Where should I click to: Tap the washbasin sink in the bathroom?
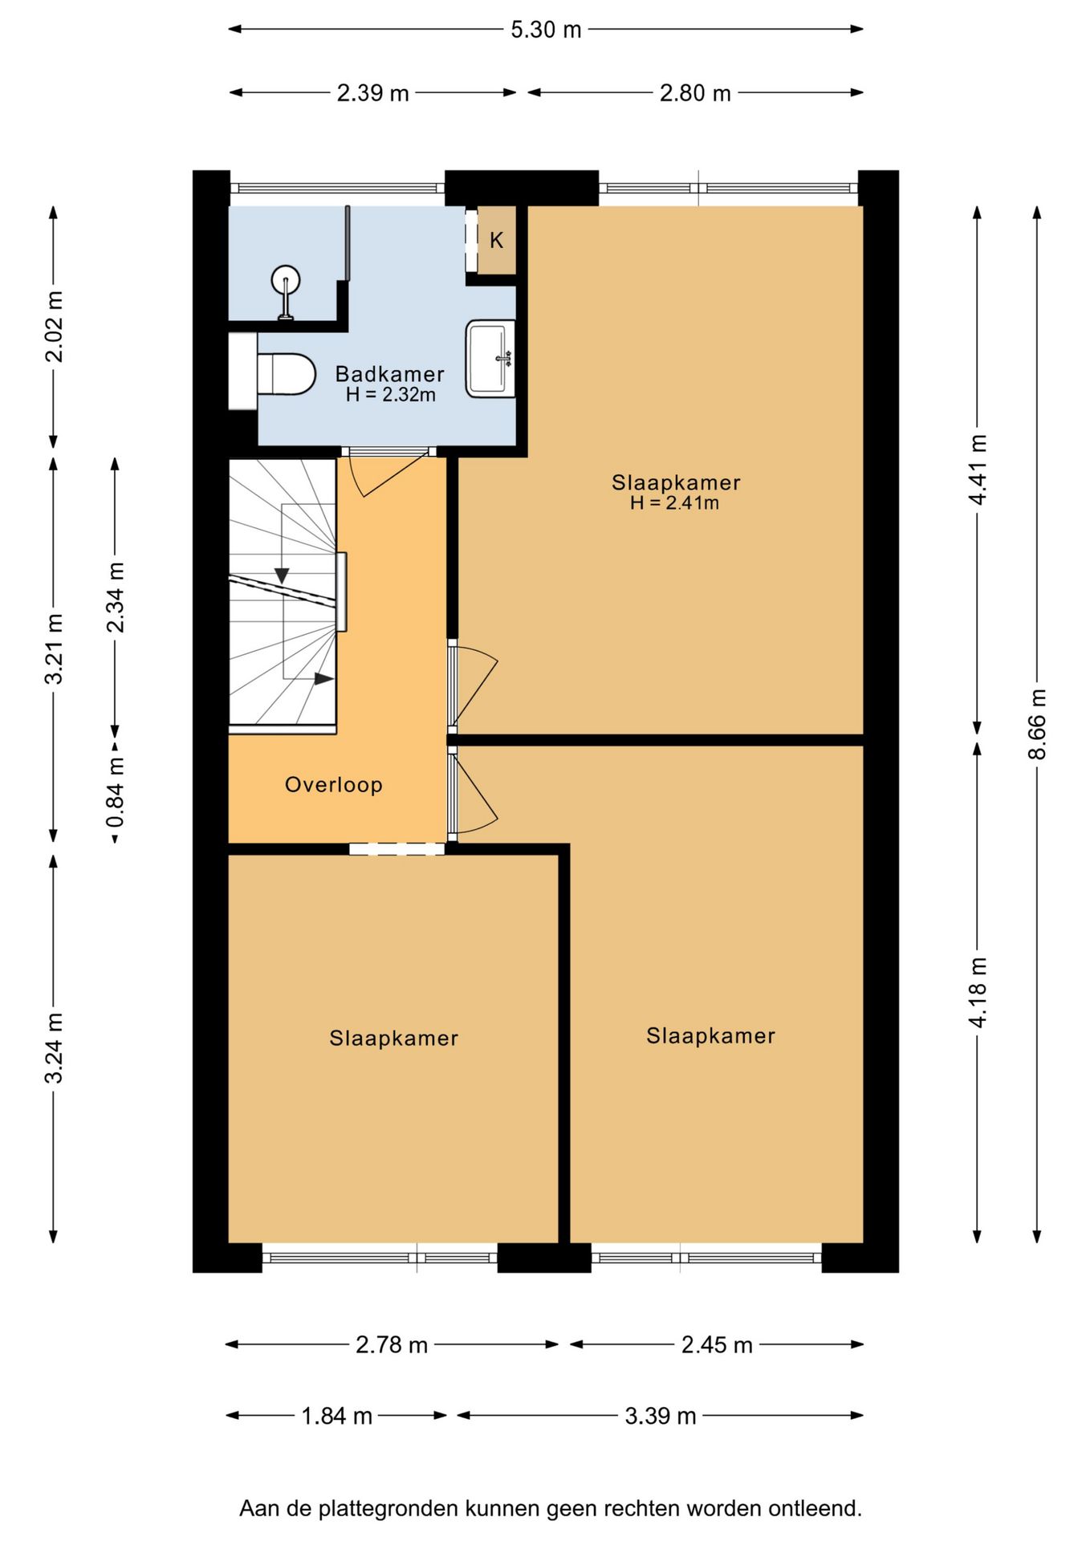tap(490, 359)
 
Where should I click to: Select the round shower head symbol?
tap(286, 281)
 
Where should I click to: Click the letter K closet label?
tap(497, 240)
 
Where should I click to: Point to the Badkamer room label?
tap(389, 374)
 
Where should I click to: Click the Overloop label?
tap(334, 784)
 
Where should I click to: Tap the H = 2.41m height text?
tap(674, 503)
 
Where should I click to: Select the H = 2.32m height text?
tap(391, 395)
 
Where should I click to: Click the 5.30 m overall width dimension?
tap(546, 30)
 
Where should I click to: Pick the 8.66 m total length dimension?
tap(1038, 724)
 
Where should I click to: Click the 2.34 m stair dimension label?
tap(116, 598)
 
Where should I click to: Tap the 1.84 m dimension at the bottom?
tap(337, 1415)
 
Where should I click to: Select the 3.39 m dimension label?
tap(661, 1415)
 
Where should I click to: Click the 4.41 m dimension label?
tap(978, 470)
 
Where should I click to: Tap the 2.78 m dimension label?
tap(392, 1344)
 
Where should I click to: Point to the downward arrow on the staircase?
tap(282, 575)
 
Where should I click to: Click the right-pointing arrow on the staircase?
tap(323, 679)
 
